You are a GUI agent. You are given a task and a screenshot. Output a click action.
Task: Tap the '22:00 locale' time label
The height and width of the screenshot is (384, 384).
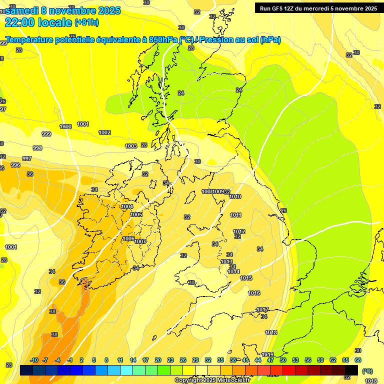[x=38, y=22]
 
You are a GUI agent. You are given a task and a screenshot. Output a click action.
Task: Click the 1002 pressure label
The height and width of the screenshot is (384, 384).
[x=104, y=132]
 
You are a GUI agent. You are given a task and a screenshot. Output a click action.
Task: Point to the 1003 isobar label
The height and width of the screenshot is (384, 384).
[x=131, y=146]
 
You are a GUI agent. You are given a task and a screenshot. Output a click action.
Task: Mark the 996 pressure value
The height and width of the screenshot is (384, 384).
[x=15, y=165]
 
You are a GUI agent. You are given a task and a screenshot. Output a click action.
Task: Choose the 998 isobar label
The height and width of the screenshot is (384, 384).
[x=37, y=148]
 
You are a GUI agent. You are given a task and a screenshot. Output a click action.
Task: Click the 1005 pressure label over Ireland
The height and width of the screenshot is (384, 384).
[x=136, y=214]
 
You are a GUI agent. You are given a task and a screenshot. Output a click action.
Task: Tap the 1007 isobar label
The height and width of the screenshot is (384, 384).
[x=140, y=241]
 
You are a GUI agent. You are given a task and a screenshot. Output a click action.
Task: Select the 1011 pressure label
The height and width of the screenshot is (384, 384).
[x=236, y=215]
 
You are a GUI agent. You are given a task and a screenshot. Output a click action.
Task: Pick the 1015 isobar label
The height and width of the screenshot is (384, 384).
[x=246, y=278]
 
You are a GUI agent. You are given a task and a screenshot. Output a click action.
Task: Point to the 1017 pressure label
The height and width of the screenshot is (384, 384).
[x=262, y=309]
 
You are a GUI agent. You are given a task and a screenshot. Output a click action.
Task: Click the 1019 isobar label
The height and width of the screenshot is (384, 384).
[x=267, y=354]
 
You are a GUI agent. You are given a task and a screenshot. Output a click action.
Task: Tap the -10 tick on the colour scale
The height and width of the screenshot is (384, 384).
[x=34, y=360]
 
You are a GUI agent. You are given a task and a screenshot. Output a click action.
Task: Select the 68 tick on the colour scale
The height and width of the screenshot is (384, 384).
[x=358, y=360]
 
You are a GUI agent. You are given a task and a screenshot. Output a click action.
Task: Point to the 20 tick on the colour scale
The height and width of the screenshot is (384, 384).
[x=158, y=360]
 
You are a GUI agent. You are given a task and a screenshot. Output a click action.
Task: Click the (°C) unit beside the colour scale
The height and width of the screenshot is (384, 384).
[x=367, y=371]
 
